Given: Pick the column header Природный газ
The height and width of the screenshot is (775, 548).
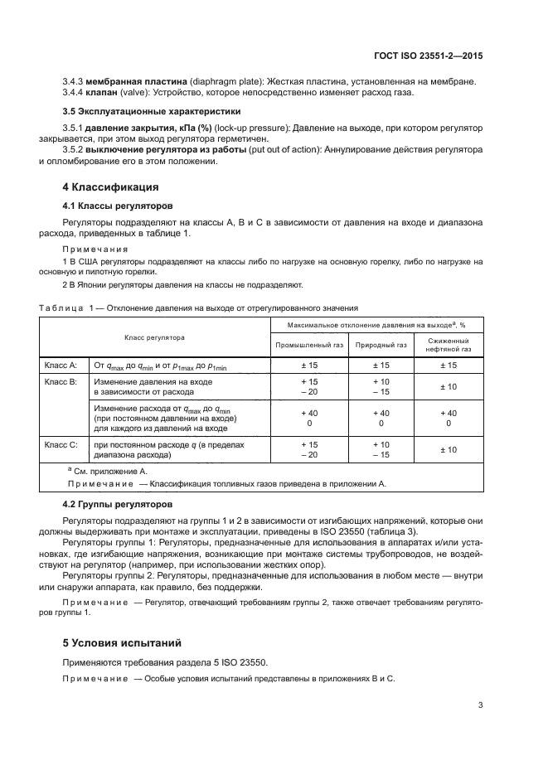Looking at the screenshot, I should (381, 345).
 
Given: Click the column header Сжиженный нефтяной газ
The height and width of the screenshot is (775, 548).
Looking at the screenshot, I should (449, 345).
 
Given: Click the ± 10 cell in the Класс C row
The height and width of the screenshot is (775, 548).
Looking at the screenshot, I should (449, 450).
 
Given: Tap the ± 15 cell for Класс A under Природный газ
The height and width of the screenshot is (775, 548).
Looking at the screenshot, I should (381, 365).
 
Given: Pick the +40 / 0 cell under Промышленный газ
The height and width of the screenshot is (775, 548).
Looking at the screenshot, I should (308, 418).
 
